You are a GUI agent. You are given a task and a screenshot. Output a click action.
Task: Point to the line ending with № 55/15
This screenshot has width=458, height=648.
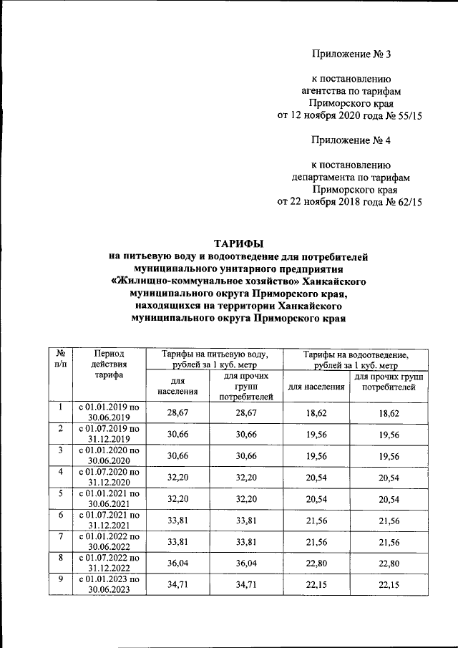[x=350, y=115]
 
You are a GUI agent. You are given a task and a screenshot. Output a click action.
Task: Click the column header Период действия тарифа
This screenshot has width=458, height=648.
[x=109, y=364]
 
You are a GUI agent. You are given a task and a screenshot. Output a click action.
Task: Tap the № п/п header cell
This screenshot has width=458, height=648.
[x=61, y=359]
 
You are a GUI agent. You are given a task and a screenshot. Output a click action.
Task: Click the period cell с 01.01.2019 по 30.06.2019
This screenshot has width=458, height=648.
[x=109, y=412]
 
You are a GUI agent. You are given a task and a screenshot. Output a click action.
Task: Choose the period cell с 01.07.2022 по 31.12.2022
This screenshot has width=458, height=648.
[x=109, y=561]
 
